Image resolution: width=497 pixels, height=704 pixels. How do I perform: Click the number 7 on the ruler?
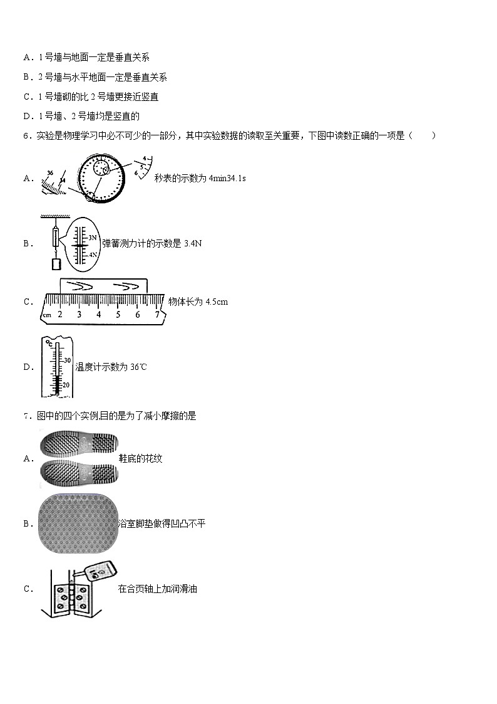coord(156,314)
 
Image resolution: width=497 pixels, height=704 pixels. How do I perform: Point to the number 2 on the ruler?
coord(60,314)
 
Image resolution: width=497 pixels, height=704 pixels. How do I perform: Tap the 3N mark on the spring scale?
coord(91,238)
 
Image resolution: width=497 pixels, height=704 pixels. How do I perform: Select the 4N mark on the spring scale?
coord(91,255)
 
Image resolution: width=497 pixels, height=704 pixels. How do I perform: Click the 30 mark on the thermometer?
coord(67,360)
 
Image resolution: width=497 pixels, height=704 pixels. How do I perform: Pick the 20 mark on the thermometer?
coord(66,385)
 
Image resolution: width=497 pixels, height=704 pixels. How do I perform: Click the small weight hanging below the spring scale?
coord(54,264)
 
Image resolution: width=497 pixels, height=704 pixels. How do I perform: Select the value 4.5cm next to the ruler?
coord(217,302)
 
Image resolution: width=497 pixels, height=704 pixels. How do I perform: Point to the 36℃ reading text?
coord(138,367)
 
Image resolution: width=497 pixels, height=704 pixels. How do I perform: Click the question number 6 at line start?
coord(26,135)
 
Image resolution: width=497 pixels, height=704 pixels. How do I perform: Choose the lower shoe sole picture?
coord(79,473)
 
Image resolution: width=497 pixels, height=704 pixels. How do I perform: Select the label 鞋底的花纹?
coord(140,459)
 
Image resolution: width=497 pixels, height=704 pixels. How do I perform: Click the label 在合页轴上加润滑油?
coord(157,589)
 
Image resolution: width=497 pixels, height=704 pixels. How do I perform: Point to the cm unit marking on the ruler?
coord(47,315)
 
